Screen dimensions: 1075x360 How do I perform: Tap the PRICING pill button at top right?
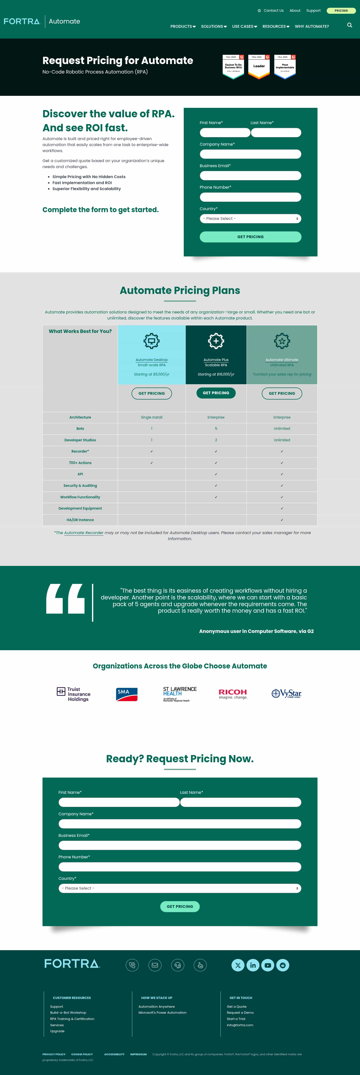pos(341,11)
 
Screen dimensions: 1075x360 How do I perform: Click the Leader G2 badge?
pos(259,66)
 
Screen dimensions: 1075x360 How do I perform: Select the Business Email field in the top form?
pos(250,176)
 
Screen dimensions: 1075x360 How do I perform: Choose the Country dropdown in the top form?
pos(250,219)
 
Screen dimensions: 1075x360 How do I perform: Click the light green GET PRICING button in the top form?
pos(250,237)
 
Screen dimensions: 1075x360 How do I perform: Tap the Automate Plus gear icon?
pos(216,341)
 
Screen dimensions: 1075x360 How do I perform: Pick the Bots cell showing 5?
pos(216,429)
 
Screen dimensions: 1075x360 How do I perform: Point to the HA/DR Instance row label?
pos(80,520)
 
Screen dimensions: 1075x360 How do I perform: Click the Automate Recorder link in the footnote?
pos(83,533)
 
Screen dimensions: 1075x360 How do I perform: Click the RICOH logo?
pos(233,693)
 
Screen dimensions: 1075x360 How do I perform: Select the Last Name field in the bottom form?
pos(241,802)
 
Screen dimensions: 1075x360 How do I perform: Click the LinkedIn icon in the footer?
pos(253,965)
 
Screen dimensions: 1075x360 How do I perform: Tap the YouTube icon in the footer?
pos(268,965)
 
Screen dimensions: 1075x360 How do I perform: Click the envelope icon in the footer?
pos(155,965)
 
